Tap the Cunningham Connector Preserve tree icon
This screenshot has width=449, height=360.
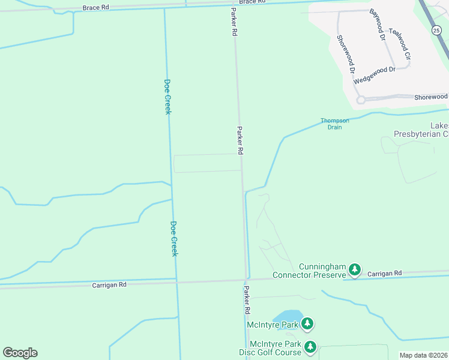(x=355, y=270)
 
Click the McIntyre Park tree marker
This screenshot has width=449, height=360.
(x=307, y=324)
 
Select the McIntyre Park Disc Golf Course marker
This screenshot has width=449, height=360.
(x=310, y=347)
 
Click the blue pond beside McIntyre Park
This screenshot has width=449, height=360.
(x=287, y=317)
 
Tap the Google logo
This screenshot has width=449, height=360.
(x=20, y=353)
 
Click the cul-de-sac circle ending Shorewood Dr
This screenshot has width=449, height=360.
(x=361, y=100)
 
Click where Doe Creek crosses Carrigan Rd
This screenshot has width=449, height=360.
(x=177, y=280)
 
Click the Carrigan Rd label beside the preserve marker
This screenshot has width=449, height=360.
(x=384, y=273)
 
